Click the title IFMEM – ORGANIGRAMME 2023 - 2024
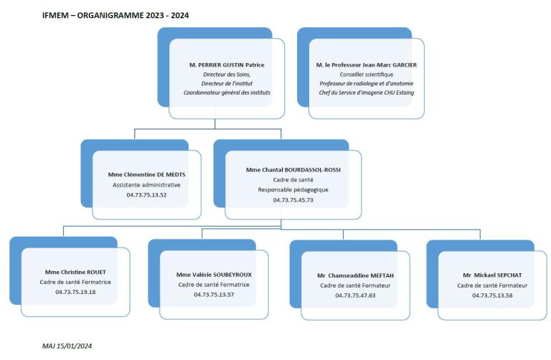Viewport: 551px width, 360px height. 116,16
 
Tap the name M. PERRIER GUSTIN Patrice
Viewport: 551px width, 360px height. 227,65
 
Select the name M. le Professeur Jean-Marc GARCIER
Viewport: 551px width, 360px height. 367,65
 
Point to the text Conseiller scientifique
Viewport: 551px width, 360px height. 367,75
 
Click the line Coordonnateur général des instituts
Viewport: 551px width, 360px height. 227,93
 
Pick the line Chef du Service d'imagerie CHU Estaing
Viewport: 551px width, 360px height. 367,93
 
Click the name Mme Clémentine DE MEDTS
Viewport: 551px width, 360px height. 146,174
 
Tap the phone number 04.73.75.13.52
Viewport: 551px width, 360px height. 146,195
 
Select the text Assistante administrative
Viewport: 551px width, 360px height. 146,185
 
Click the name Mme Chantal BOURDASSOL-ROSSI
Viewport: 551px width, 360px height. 293,170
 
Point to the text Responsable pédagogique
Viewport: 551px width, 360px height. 293,190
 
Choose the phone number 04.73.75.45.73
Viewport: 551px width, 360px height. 293,200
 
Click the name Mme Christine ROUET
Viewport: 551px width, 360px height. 75,273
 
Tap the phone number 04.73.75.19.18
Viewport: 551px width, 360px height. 75,292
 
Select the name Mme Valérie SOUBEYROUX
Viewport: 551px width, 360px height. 214,275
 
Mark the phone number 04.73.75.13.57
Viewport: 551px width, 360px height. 214,295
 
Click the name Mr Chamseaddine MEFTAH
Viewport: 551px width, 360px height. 355,275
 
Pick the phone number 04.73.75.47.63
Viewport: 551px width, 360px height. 355,295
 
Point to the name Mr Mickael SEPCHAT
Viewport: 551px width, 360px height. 492,275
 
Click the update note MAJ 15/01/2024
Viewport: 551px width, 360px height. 67,346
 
